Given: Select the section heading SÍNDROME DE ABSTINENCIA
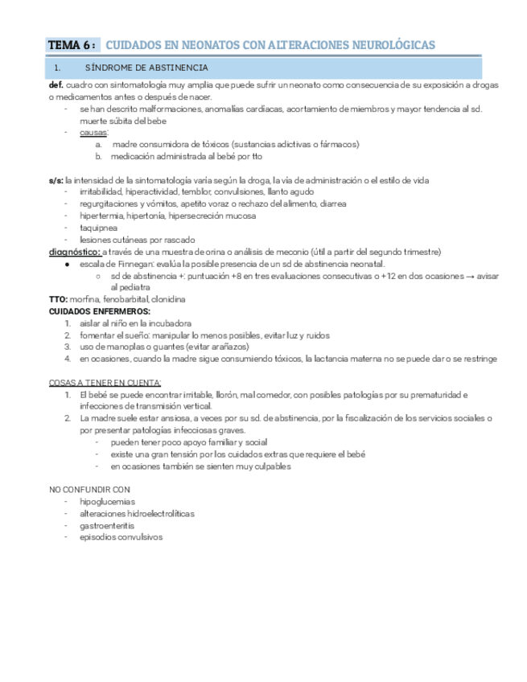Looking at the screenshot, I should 146,68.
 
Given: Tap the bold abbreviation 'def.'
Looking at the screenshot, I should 56,84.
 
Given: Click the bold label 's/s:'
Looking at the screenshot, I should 56,180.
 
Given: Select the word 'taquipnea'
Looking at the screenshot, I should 97,228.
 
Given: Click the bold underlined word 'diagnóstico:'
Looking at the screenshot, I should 75,252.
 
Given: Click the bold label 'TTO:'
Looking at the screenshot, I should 58,299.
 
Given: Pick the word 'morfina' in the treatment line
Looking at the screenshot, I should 84,299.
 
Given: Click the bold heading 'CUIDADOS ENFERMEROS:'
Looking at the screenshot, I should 99,310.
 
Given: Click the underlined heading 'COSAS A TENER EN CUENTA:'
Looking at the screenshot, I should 105,382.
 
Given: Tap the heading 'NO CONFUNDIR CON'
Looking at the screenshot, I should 89,489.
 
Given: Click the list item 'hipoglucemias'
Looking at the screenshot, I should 107,501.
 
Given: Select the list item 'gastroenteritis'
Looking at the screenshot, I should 107,525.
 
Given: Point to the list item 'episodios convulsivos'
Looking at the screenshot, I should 121,537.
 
